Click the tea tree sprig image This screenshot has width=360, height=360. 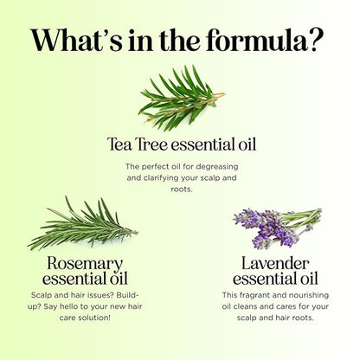coord(182,98)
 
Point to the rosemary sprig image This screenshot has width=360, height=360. coord(83,224)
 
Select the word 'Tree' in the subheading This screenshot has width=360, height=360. coord(151,144)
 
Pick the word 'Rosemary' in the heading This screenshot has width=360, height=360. coord(85,264)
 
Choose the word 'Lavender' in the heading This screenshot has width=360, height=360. coord(275,263)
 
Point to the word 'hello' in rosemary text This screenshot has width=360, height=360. coord(68,306)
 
